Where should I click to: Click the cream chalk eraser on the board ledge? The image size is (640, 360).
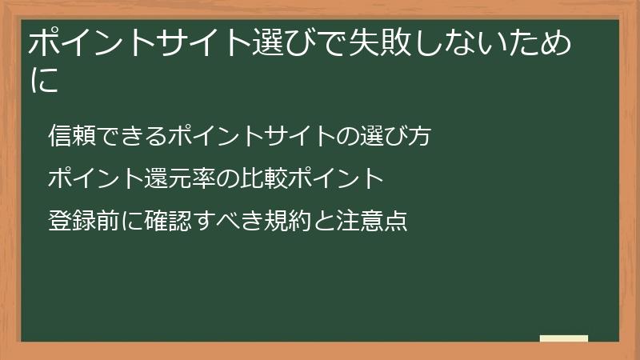point(563,338)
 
